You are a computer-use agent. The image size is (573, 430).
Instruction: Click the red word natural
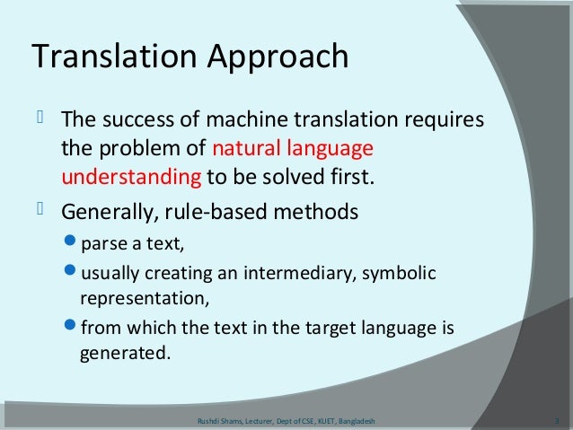(x=241, y=148)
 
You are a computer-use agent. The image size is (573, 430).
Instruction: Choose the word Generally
(x=106, y=214)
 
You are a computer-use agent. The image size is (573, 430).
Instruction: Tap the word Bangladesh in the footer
(x=357, y=419)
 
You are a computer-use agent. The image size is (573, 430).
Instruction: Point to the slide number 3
(x=558, y=419)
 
